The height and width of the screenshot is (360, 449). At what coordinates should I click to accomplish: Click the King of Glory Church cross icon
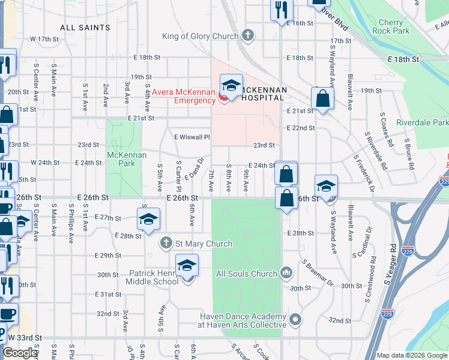(247, 36)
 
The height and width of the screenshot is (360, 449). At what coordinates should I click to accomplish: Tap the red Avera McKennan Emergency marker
(223, 96)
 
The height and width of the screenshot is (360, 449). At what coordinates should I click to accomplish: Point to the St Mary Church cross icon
(166, 244)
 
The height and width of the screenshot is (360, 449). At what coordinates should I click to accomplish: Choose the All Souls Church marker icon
(286, 273)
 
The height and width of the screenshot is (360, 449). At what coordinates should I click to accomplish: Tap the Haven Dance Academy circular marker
(295, 320)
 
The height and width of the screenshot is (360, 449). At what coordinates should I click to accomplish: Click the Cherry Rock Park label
(390, 26)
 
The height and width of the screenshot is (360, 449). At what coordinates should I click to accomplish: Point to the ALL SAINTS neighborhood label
(85, 28)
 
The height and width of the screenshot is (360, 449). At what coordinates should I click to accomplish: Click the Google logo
(20, 353)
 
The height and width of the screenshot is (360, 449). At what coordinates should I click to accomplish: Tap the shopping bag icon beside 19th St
(322, 99)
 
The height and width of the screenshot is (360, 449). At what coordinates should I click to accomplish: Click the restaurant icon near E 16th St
(280, 10)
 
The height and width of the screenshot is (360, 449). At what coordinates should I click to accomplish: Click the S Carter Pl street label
(178, 174)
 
